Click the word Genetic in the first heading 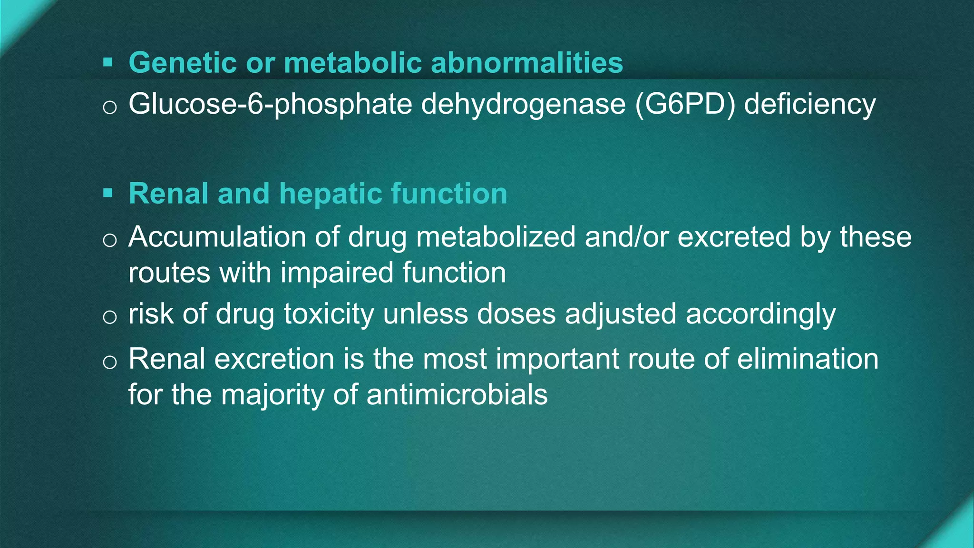183,63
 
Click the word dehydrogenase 523,104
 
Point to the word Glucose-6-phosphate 270,104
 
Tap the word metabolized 496,236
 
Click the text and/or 626,236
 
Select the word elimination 808,359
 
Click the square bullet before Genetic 108,62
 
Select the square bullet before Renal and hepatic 108,193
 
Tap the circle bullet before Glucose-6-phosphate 109,108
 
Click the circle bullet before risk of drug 109,317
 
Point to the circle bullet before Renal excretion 109,362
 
